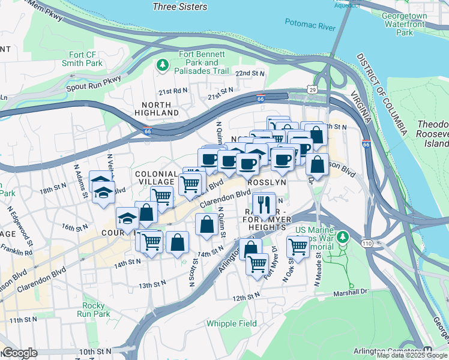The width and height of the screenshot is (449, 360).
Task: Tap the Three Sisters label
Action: pos(179,7)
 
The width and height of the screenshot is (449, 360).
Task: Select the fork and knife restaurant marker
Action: pos(263,204)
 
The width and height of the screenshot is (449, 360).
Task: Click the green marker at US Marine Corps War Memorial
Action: pos(343,238)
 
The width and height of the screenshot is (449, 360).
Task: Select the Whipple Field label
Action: pos(232,323)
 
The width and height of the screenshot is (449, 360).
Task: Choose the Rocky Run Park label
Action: pos(93,310)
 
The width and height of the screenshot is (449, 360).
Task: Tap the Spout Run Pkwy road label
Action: pos(95,82)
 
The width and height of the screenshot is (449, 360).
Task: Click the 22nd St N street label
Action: pos(250,73)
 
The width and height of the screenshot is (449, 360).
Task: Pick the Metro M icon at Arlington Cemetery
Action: pos(428,352)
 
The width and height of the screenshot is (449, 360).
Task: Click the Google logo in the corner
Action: pos(20,353)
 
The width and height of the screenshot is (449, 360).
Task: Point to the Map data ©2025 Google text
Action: pos(412,355)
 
